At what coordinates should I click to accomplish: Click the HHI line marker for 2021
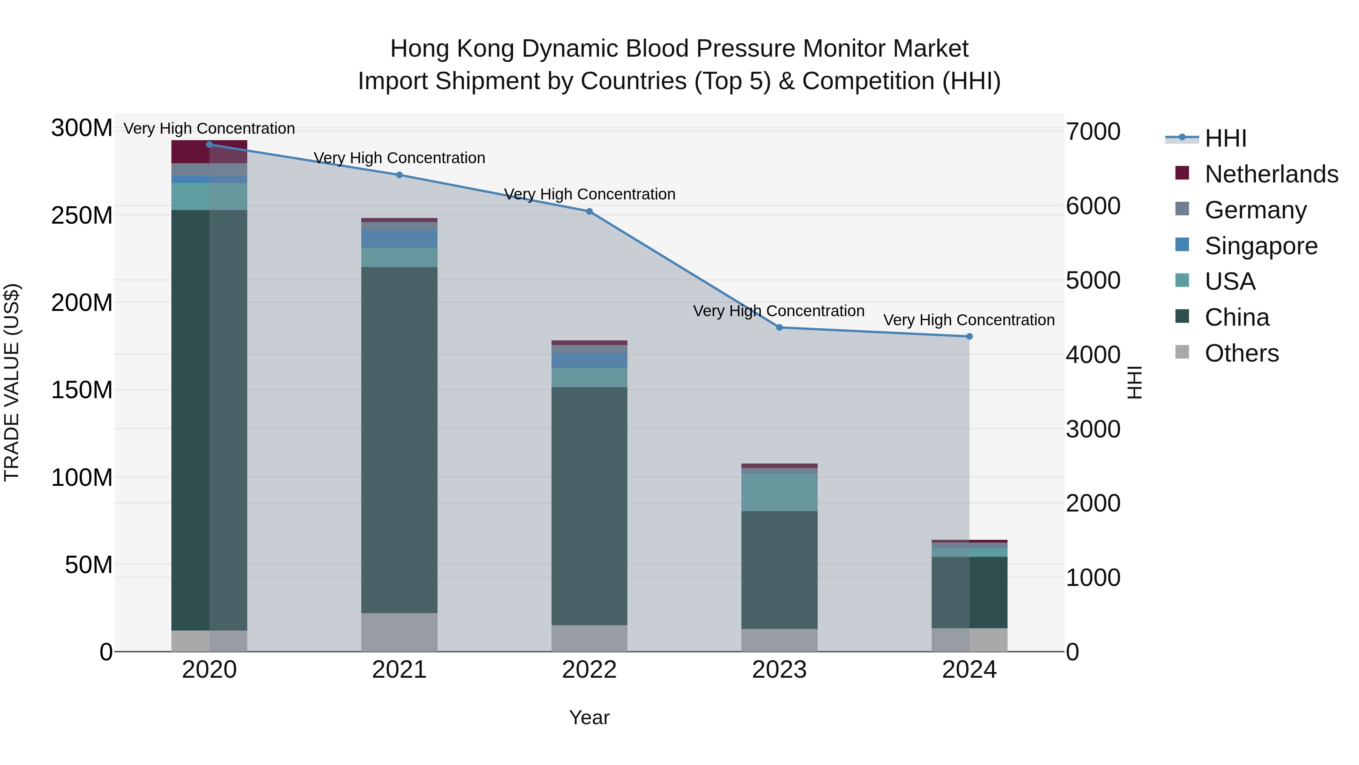399,175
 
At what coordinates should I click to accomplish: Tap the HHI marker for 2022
589,211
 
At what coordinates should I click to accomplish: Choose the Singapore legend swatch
1182,245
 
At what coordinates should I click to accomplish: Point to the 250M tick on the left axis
82,215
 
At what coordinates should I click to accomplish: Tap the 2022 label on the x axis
589,669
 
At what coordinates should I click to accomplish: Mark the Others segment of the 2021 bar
399,632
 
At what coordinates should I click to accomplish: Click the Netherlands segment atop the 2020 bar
210,151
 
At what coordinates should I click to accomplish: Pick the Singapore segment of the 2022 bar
589,360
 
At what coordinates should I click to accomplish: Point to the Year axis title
589,717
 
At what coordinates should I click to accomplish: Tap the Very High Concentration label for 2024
969,320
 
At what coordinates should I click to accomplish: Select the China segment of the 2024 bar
969,592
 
